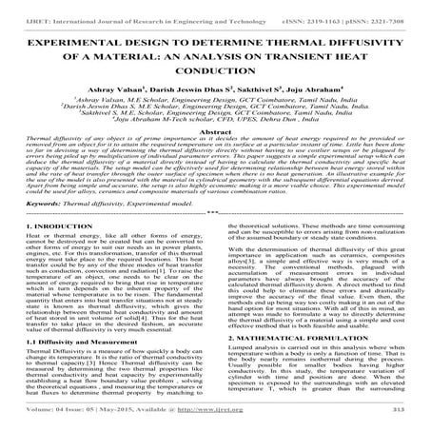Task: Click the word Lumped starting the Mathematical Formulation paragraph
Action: tap(238, 354)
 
